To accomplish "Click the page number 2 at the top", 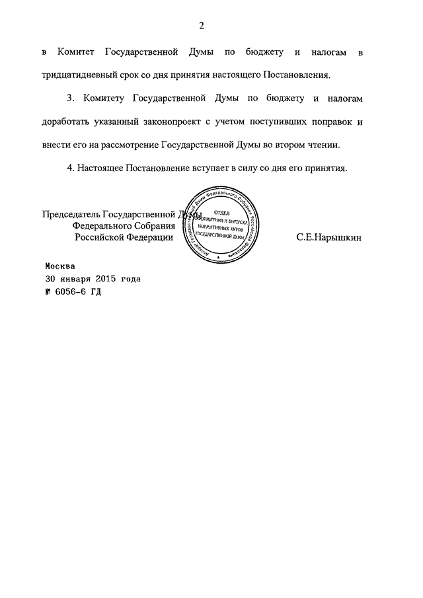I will [202, 26].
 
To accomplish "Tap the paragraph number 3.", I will [71, 98].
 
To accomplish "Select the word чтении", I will [330, 145].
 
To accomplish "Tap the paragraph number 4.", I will [71, 168].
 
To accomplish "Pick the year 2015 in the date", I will [113, 279].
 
